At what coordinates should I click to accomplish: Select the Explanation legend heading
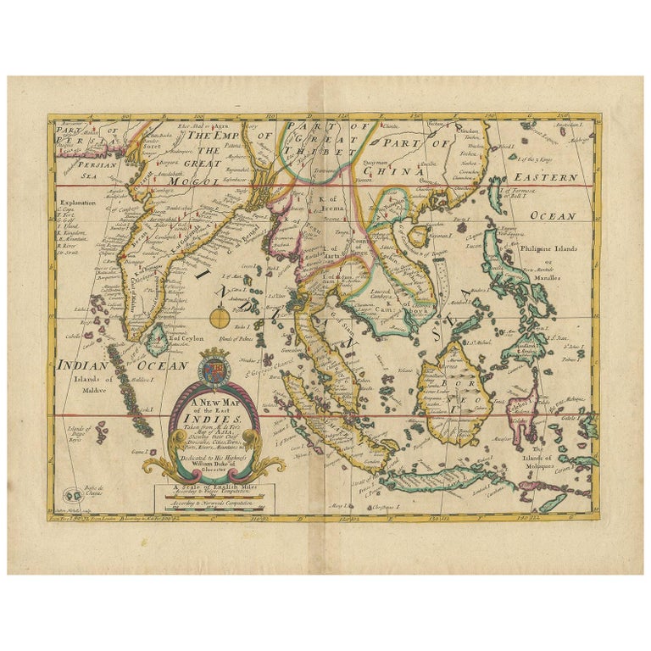point(78,203)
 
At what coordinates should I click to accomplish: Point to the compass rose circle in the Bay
point(219,320)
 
